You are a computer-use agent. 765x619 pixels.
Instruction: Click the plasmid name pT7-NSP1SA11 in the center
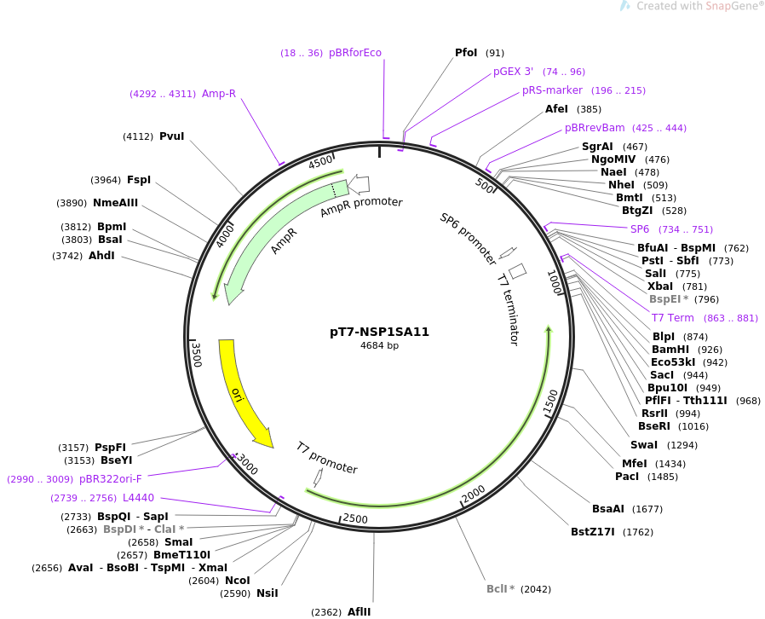(x=380, y=332)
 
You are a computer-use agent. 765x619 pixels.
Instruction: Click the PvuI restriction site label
(x=172, y=136)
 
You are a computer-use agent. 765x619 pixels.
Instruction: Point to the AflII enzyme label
(x=359, y=611)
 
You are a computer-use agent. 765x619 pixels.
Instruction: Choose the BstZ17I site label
(x=593, y=532)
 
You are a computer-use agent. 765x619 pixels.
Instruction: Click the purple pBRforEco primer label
(x=355, y=53)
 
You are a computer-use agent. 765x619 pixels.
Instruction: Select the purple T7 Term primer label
(x=673, y=318)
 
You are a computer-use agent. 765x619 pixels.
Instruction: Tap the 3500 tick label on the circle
(x=197, y=355)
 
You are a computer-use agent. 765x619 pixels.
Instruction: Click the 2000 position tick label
(x=474, y=494)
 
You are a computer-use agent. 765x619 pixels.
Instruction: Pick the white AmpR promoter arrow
(x=359, y=184)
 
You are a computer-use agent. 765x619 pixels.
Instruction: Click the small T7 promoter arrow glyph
(x=318, y=477)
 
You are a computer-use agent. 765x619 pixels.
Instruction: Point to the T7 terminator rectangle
(x=518, y=271)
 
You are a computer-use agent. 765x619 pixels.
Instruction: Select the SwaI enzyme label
(x=644, y=445)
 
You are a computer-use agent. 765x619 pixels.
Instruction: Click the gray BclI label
(x=498, y=589)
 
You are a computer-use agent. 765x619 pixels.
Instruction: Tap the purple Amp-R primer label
(x=219, y=93)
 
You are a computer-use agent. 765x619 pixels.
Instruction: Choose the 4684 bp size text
(x=380, y=345)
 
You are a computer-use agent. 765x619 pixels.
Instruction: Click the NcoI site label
(x=238, y=581)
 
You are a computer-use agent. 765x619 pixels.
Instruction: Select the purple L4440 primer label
(x=139, y=498)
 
